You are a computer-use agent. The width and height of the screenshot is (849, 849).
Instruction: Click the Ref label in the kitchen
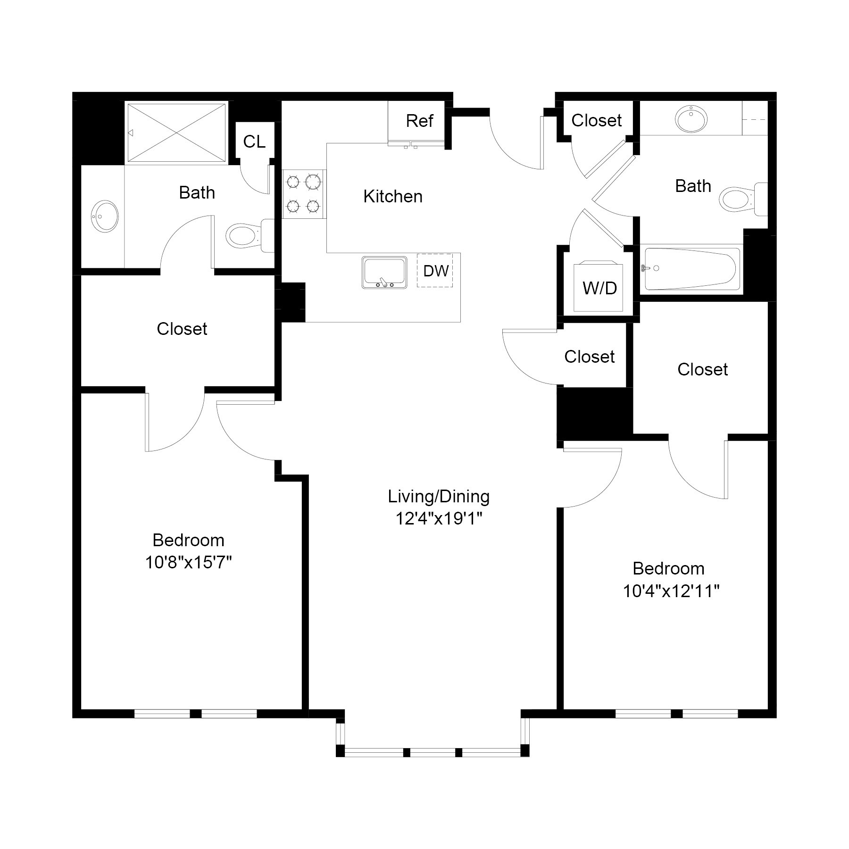pos(419,121)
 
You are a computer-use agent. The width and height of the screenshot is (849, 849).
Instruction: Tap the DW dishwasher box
pos(435,271)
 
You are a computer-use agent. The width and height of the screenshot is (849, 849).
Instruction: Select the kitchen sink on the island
pos(384,272)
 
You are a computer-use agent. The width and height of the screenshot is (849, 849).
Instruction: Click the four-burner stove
pos(304,194)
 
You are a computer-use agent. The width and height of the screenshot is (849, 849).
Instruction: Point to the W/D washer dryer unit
pos(599,288)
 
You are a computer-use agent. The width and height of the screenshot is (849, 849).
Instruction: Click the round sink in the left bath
pos(104,216)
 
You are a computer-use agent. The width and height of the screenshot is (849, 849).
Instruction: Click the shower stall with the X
pos(176,133)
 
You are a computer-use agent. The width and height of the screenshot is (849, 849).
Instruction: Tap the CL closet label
pos(254,141)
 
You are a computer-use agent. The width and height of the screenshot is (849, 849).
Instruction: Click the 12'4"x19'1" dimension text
pos(439,519)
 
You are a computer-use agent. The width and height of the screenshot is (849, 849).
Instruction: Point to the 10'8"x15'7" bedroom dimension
pos(188,562)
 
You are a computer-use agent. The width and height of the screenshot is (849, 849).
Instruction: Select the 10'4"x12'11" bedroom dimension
pos(671,591)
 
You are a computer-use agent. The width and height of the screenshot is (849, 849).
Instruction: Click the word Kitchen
pos(392,197)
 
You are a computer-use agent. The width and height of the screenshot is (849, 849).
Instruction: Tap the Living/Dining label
pos(439,496)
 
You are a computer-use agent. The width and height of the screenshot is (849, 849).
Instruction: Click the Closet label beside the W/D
pos(589,357)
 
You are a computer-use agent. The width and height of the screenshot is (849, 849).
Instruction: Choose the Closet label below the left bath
pos(182,329)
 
